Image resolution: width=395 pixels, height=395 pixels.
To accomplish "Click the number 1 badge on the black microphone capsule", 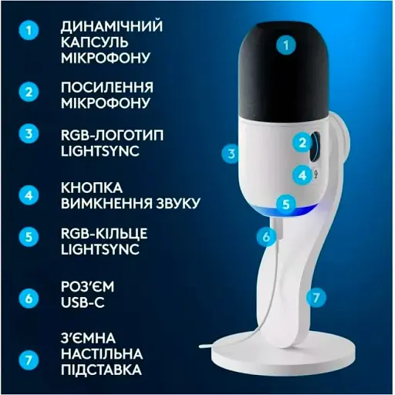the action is pyautogui.click(x=286, y=46).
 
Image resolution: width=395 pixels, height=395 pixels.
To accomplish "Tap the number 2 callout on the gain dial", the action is pyautogui.click(x=302, y=143).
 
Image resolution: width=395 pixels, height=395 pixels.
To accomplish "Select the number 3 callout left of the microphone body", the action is pyautogui.click(x=231, y=154).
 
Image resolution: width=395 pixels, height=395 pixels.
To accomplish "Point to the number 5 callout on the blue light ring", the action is pyautogui.click(x=286, y=204).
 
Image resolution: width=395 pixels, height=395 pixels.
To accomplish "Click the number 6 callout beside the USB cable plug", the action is pyautogui.click(x=266, y=236).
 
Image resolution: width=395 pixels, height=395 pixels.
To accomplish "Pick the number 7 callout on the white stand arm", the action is pyautogui.click(x=316, y=298).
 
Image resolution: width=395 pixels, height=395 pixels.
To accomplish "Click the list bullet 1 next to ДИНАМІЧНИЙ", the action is pyautogui.click(x=29, y=30).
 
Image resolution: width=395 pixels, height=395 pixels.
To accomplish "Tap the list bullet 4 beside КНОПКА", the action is pyautogui.click(x=29, y=195).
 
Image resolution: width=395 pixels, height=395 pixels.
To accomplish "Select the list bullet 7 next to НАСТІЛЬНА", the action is pyautogui.click(x=29, y=360).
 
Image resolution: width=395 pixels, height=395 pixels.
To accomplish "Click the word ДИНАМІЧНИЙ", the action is pyautogui.click(x=112, y=26).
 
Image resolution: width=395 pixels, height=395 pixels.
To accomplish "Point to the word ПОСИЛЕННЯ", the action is pyautogui.click(x=107, y=87).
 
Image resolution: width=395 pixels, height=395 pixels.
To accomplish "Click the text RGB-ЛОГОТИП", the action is pyautogui.click(x=112, y=135).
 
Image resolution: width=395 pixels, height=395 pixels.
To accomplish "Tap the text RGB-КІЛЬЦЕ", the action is pyautogui.click(x=104, y=233).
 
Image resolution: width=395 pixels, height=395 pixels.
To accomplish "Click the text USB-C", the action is pyautogui.click(x=83, y=302).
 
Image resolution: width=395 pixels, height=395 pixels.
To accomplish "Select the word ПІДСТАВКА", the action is pyautogui.click(x=101, y=370).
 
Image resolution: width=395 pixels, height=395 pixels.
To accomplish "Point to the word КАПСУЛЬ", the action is pyautogui.click(x=94, y=42).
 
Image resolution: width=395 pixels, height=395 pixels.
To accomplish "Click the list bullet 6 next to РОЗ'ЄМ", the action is pyautogui.click(x=29, y=299).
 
